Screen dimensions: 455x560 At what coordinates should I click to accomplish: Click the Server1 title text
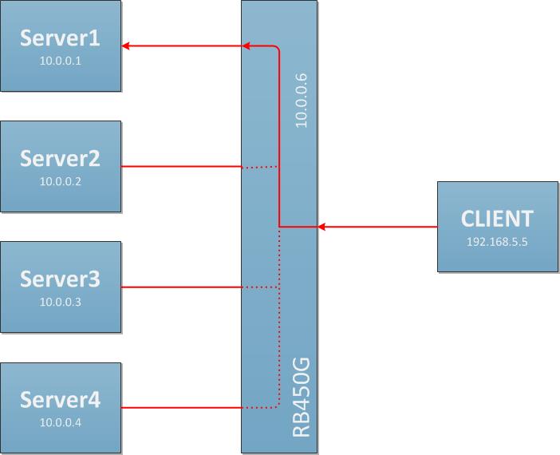coord(61,38)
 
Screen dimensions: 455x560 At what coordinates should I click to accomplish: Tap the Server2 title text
coord(61,158)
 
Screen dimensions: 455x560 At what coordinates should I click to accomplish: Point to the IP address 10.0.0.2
coord(61,181)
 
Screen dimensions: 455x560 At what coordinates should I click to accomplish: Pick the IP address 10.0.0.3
coord(61,302)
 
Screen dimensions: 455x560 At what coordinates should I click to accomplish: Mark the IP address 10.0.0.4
coord(61,422)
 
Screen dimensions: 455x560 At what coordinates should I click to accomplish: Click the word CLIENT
coord(497,218)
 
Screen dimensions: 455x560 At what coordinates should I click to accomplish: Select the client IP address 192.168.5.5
coord(497,240)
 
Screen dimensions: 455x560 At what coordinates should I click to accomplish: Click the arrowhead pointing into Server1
coord(127,47)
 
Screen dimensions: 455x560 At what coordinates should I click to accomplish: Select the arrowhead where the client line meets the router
coord(321,227)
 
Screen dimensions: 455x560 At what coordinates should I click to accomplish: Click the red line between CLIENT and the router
coord(379,227)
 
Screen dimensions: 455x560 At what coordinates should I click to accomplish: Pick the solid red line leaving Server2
coord(181,167)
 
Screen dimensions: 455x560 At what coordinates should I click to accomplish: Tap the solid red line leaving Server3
coord(181,287)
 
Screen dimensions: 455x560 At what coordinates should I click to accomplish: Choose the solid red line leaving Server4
coord(181,408)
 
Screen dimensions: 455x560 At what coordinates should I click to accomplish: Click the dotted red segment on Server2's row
coord(259,167)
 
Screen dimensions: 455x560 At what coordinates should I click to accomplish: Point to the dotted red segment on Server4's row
coord(259,408)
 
